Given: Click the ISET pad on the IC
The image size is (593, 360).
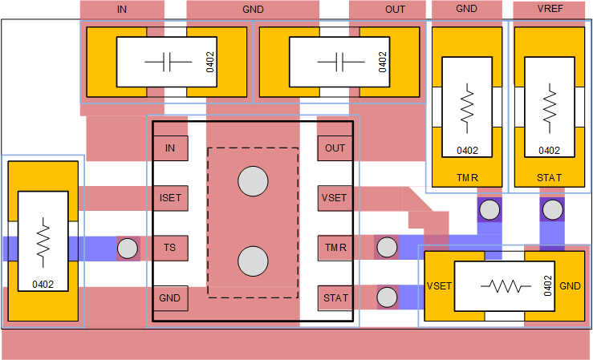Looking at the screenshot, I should click(170, 197).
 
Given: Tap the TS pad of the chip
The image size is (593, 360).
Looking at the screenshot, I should click(170, 248).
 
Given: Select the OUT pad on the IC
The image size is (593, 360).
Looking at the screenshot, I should click(335, 148).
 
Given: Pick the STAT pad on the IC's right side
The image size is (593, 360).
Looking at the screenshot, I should click(335, 297).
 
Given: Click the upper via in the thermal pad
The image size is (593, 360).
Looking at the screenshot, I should click(253, 182).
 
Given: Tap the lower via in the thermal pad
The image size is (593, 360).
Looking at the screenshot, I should click(253, 261).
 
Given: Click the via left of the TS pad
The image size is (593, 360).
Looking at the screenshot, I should click(128, 248).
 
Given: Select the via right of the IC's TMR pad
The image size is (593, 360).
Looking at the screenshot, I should click(387, 248).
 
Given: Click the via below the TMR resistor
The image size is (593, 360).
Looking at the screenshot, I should click(489, 210).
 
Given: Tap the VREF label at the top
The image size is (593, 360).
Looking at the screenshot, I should click(549, 10).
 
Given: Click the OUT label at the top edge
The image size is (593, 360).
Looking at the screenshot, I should click(395, 10).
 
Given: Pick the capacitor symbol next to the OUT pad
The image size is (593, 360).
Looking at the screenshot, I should click(337, 61).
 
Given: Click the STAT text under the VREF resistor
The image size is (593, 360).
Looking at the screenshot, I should click(549, 177).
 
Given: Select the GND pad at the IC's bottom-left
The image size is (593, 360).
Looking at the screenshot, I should click(170, 297).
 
